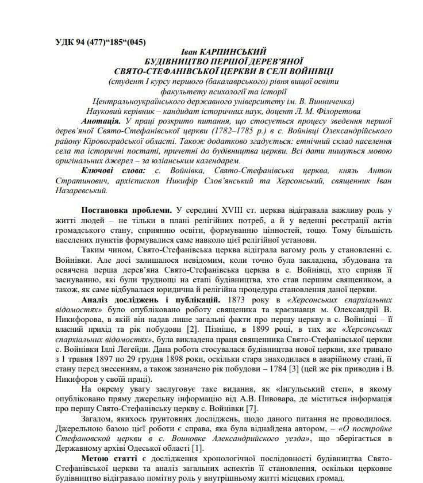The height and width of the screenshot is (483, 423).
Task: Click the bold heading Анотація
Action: coord(101,121)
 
